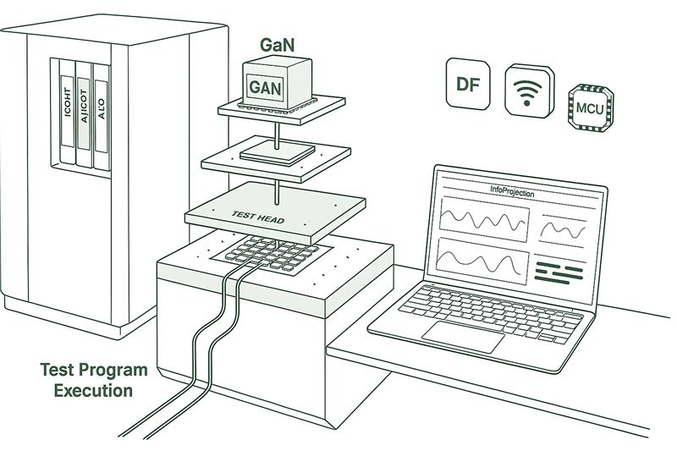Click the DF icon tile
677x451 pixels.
click(x=468, y=84)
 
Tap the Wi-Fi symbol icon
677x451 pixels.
click(x=530, y=90)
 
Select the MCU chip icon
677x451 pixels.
click(x=592, y=107)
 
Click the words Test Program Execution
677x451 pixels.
click(x=93, y=380)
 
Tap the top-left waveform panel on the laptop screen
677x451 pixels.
click(x=483, y=222)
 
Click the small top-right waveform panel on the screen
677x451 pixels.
click(x=564, y=228)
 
